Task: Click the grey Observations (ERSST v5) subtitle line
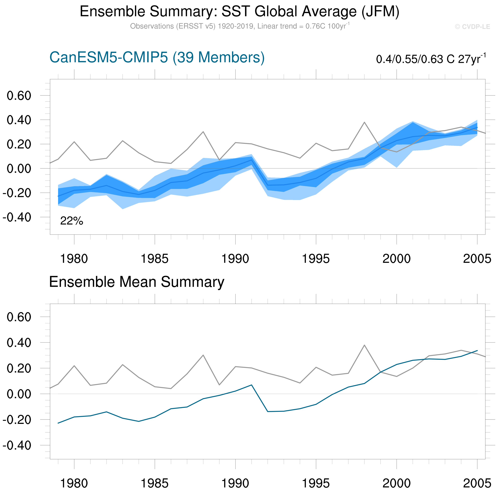click(x=240, y=26)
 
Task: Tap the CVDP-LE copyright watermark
click(x=472, y=27)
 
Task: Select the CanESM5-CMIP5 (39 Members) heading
click(x=157, y=57)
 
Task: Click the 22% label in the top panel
click(x=72, y=221)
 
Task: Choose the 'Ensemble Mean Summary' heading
click(x=137, y=282)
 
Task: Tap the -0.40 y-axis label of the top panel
click(x=17, y=217)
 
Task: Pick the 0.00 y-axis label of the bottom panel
click(x=19, y=394)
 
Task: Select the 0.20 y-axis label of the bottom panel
click(x=19, y=368)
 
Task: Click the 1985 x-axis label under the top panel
click(x=155, y=259)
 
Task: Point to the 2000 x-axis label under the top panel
click(x=396, y=259)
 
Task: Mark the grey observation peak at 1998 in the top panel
click(x=364, y=122)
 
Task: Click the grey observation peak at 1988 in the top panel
click(x=203, y=132)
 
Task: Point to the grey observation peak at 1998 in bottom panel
click(x=364, y=345)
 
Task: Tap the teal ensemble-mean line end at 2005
click(x=477, y=350)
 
